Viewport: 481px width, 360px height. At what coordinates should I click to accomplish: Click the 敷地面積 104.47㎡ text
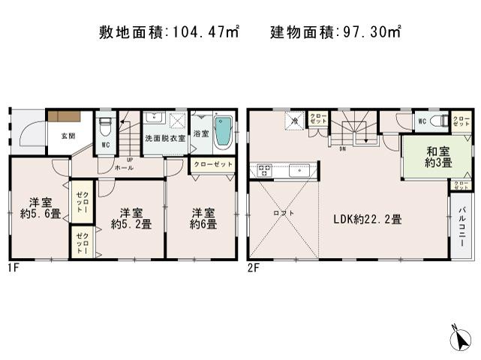pyautogui.click(x=170, y=32)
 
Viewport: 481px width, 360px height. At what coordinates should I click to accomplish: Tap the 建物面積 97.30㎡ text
pyautogui.click(x=335, y=32)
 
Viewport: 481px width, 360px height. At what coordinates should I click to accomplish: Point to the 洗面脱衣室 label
pyautogui.click(x=164, y=136)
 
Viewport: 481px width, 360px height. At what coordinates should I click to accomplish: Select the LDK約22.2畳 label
pyautogui.click(x=368, y=219)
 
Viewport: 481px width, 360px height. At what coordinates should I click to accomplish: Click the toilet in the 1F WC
pyautogui.click(x=105, y=124)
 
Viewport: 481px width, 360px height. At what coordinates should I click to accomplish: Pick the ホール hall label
pyautogui.click(x=125, y=167)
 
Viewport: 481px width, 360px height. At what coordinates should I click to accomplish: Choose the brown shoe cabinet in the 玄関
pyautogui.click(x=64, y=115)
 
